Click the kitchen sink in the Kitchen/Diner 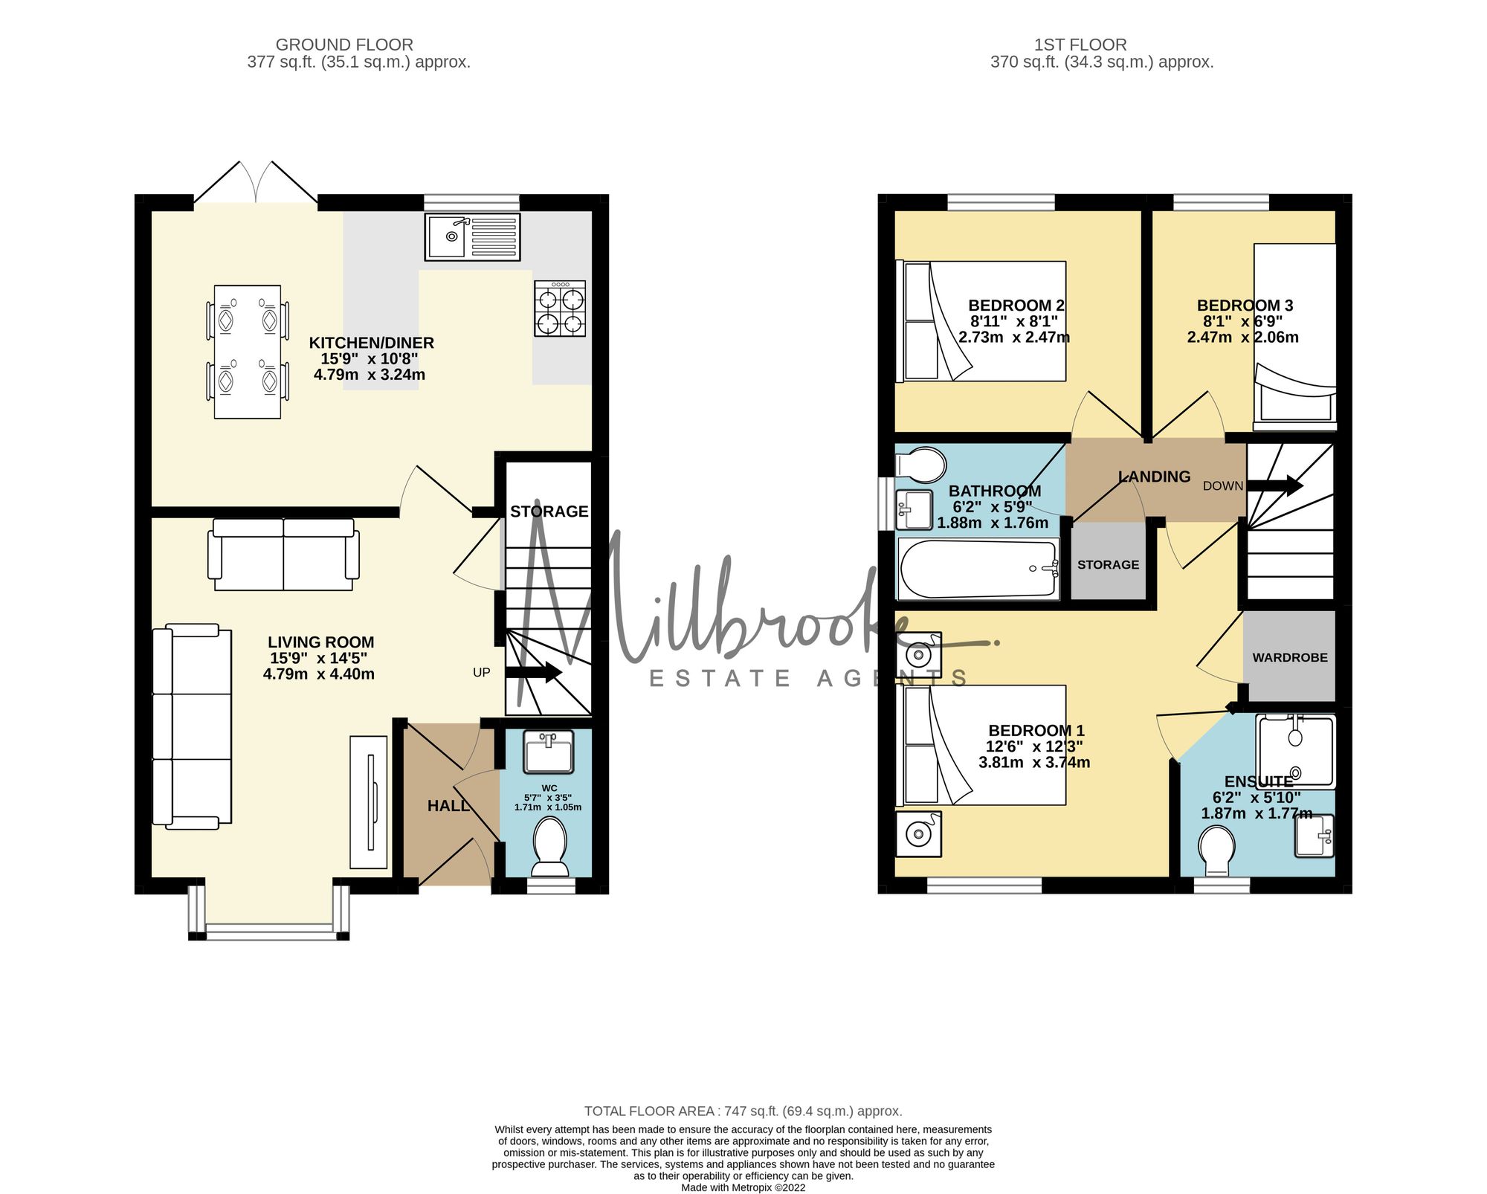coord(472,237)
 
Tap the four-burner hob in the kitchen coord(560,308)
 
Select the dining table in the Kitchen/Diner coord(248,352)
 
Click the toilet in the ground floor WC coord(549,847)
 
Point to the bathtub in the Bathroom coord(978,569)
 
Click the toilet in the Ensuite coord(1217,851)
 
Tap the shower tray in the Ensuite coord(1295,751)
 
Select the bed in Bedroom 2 coord(981,321)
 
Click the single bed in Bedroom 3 coord(1294,338)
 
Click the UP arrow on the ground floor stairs coord(533,672)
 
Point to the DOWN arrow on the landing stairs coord(1274,485)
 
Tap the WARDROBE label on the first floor coord(1290,657)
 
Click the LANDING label coord(1155,477)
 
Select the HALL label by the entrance coord(448,805)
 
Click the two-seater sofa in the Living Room coord(283,555)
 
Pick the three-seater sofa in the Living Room coord(192,727)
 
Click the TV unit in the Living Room coord(369,802)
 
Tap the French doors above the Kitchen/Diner coord(257,182)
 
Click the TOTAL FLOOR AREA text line coord(743,1111)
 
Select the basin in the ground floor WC coord(549,752)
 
